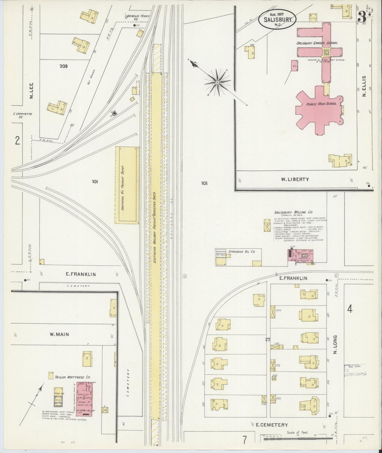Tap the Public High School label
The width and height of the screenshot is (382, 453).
(321, 104)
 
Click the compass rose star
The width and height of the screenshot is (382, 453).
(217, 82)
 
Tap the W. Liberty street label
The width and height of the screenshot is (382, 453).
(295, 179)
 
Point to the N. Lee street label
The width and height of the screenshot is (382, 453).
(31, 91)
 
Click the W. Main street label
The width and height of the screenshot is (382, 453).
(59, 334)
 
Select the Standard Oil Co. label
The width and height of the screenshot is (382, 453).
(242, 252)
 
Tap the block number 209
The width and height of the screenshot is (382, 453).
(63, 66)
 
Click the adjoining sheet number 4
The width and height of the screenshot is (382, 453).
(349, 309)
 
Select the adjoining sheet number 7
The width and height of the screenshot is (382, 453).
(245, 440)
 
